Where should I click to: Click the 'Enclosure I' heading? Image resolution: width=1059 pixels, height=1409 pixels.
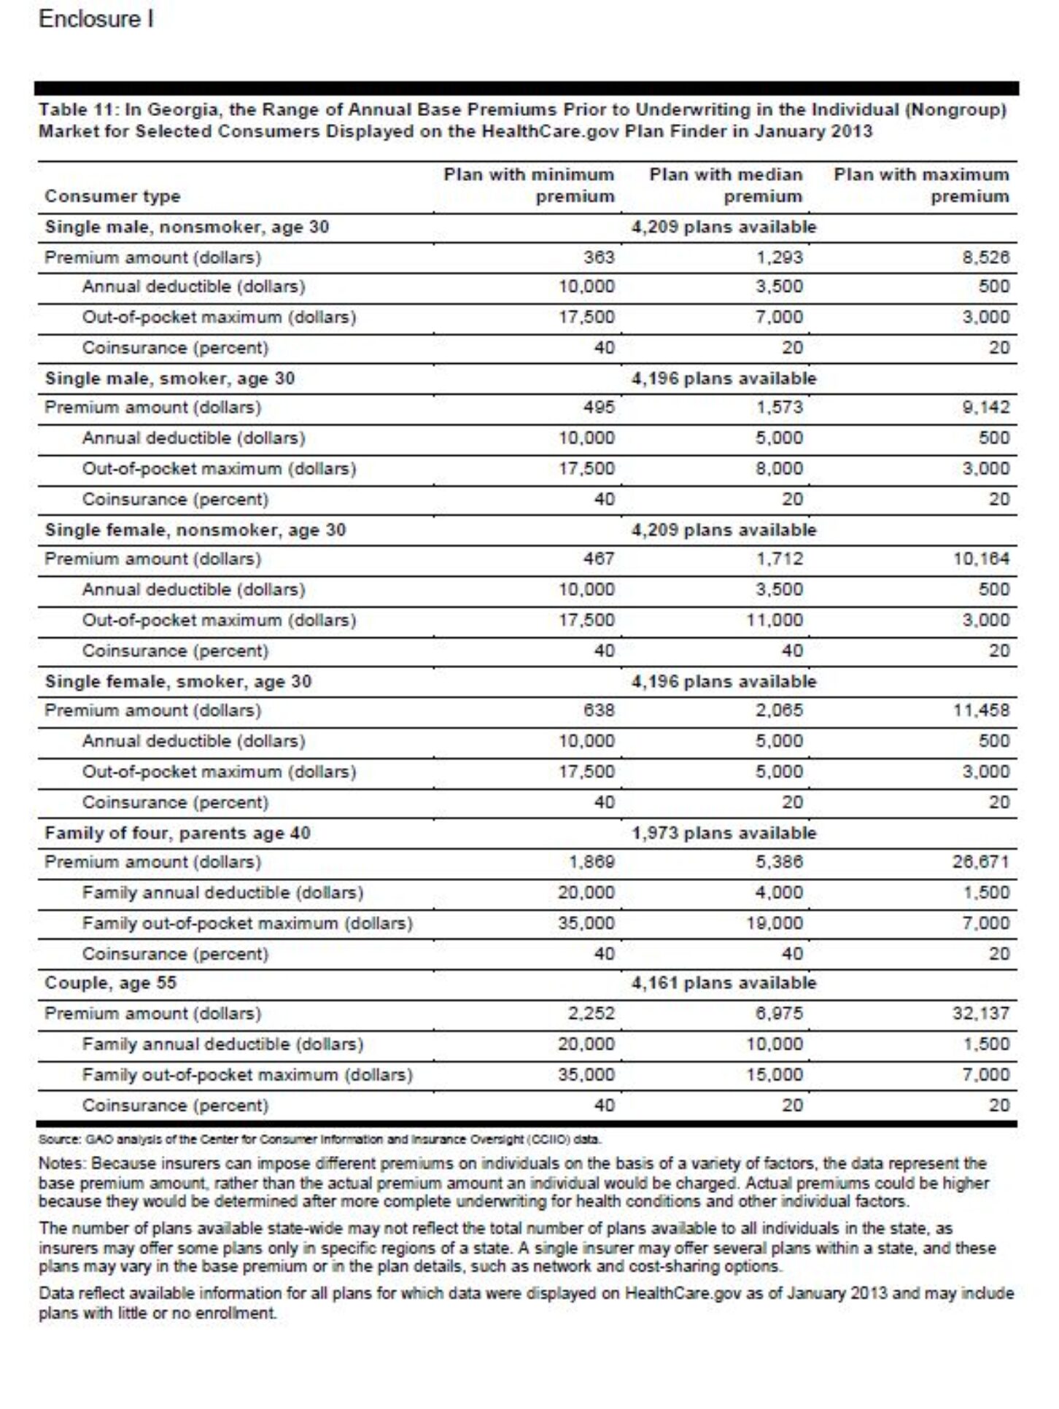(x=96, y=20)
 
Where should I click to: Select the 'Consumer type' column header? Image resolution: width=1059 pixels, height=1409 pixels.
(x=112, y=196)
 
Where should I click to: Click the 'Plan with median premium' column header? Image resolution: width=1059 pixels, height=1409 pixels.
(x=726, y=185)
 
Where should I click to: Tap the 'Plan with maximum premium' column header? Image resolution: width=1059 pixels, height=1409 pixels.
(x=921, y=185)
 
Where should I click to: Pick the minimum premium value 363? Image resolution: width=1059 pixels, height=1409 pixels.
(x=599, y=257)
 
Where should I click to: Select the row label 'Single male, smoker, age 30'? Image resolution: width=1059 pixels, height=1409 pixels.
(x=170, y=378)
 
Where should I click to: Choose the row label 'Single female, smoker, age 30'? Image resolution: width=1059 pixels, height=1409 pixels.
(x=178, y=681)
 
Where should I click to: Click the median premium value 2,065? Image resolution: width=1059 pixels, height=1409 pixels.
(x=779, y=710)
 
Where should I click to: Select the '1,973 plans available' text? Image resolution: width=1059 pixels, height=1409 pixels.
(x=724, y=833)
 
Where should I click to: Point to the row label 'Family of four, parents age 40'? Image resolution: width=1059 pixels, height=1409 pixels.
(x=177, y=833)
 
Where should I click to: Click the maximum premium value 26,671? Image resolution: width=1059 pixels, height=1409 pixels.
(x=980, y=862)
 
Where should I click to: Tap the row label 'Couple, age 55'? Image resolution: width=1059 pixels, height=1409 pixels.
(x=111, y=982)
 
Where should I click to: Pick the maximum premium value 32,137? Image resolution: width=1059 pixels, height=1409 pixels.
(x=980, y=1013)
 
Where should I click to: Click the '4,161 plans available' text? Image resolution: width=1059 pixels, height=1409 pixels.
(x=724, y=982)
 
